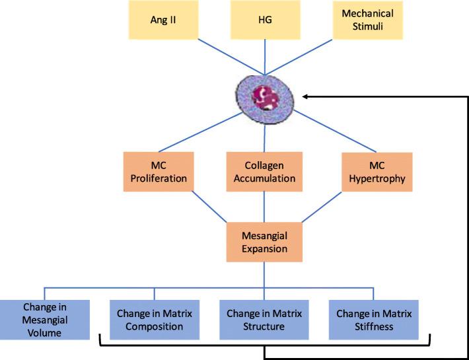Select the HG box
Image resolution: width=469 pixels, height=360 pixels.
pos(264,20)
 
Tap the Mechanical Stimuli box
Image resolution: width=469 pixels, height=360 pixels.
pos(367,20)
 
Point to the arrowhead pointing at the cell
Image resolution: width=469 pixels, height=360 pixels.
pos(305,96)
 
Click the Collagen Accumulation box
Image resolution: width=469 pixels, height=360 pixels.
pos(264,172)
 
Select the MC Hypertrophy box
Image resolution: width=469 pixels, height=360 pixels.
pos(377,172)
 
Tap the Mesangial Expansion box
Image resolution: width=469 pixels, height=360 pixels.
pos(264,242)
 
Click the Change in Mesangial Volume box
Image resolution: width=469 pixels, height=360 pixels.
pos(46,320)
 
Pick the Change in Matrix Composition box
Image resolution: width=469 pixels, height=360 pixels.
pos(154,320)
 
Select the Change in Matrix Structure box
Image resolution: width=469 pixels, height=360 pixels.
pos(264,320)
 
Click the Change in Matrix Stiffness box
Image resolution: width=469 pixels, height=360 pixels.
pos(373,320)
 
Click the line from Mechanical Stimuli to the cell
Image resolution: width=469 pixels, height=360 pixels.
pos(316,56)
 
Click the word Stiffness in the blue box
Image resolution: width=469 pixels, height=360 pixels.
pos(373,326)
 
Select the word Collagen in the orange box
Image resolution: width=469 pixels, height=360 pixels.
pos(264,165)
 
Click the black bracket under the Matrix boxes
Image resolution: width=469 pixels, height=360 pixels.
pos(198,345)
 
